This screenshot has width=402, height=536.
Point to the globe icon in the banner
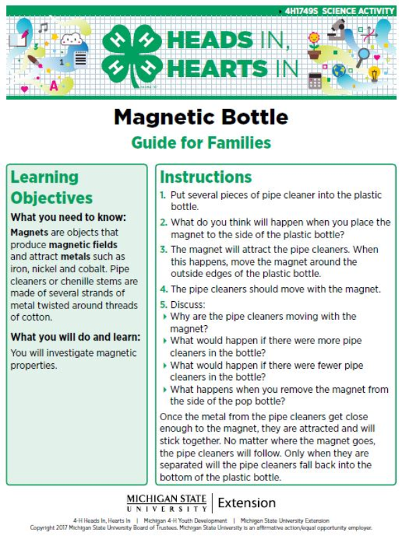pos(339,70)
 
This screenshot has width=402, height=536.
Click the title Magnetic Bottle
pos(201,117)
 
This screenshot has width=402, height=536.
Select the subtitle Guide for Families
pos(201,143)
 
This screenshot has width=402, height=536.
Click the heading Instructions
pos(206,177)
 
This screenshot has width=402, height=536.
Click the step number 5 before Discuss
pos(163,304)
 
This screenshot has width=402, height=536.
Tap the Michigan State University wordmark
pos(167,503)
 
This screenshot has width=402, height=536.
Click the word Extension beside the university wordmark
pos(247,503)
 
